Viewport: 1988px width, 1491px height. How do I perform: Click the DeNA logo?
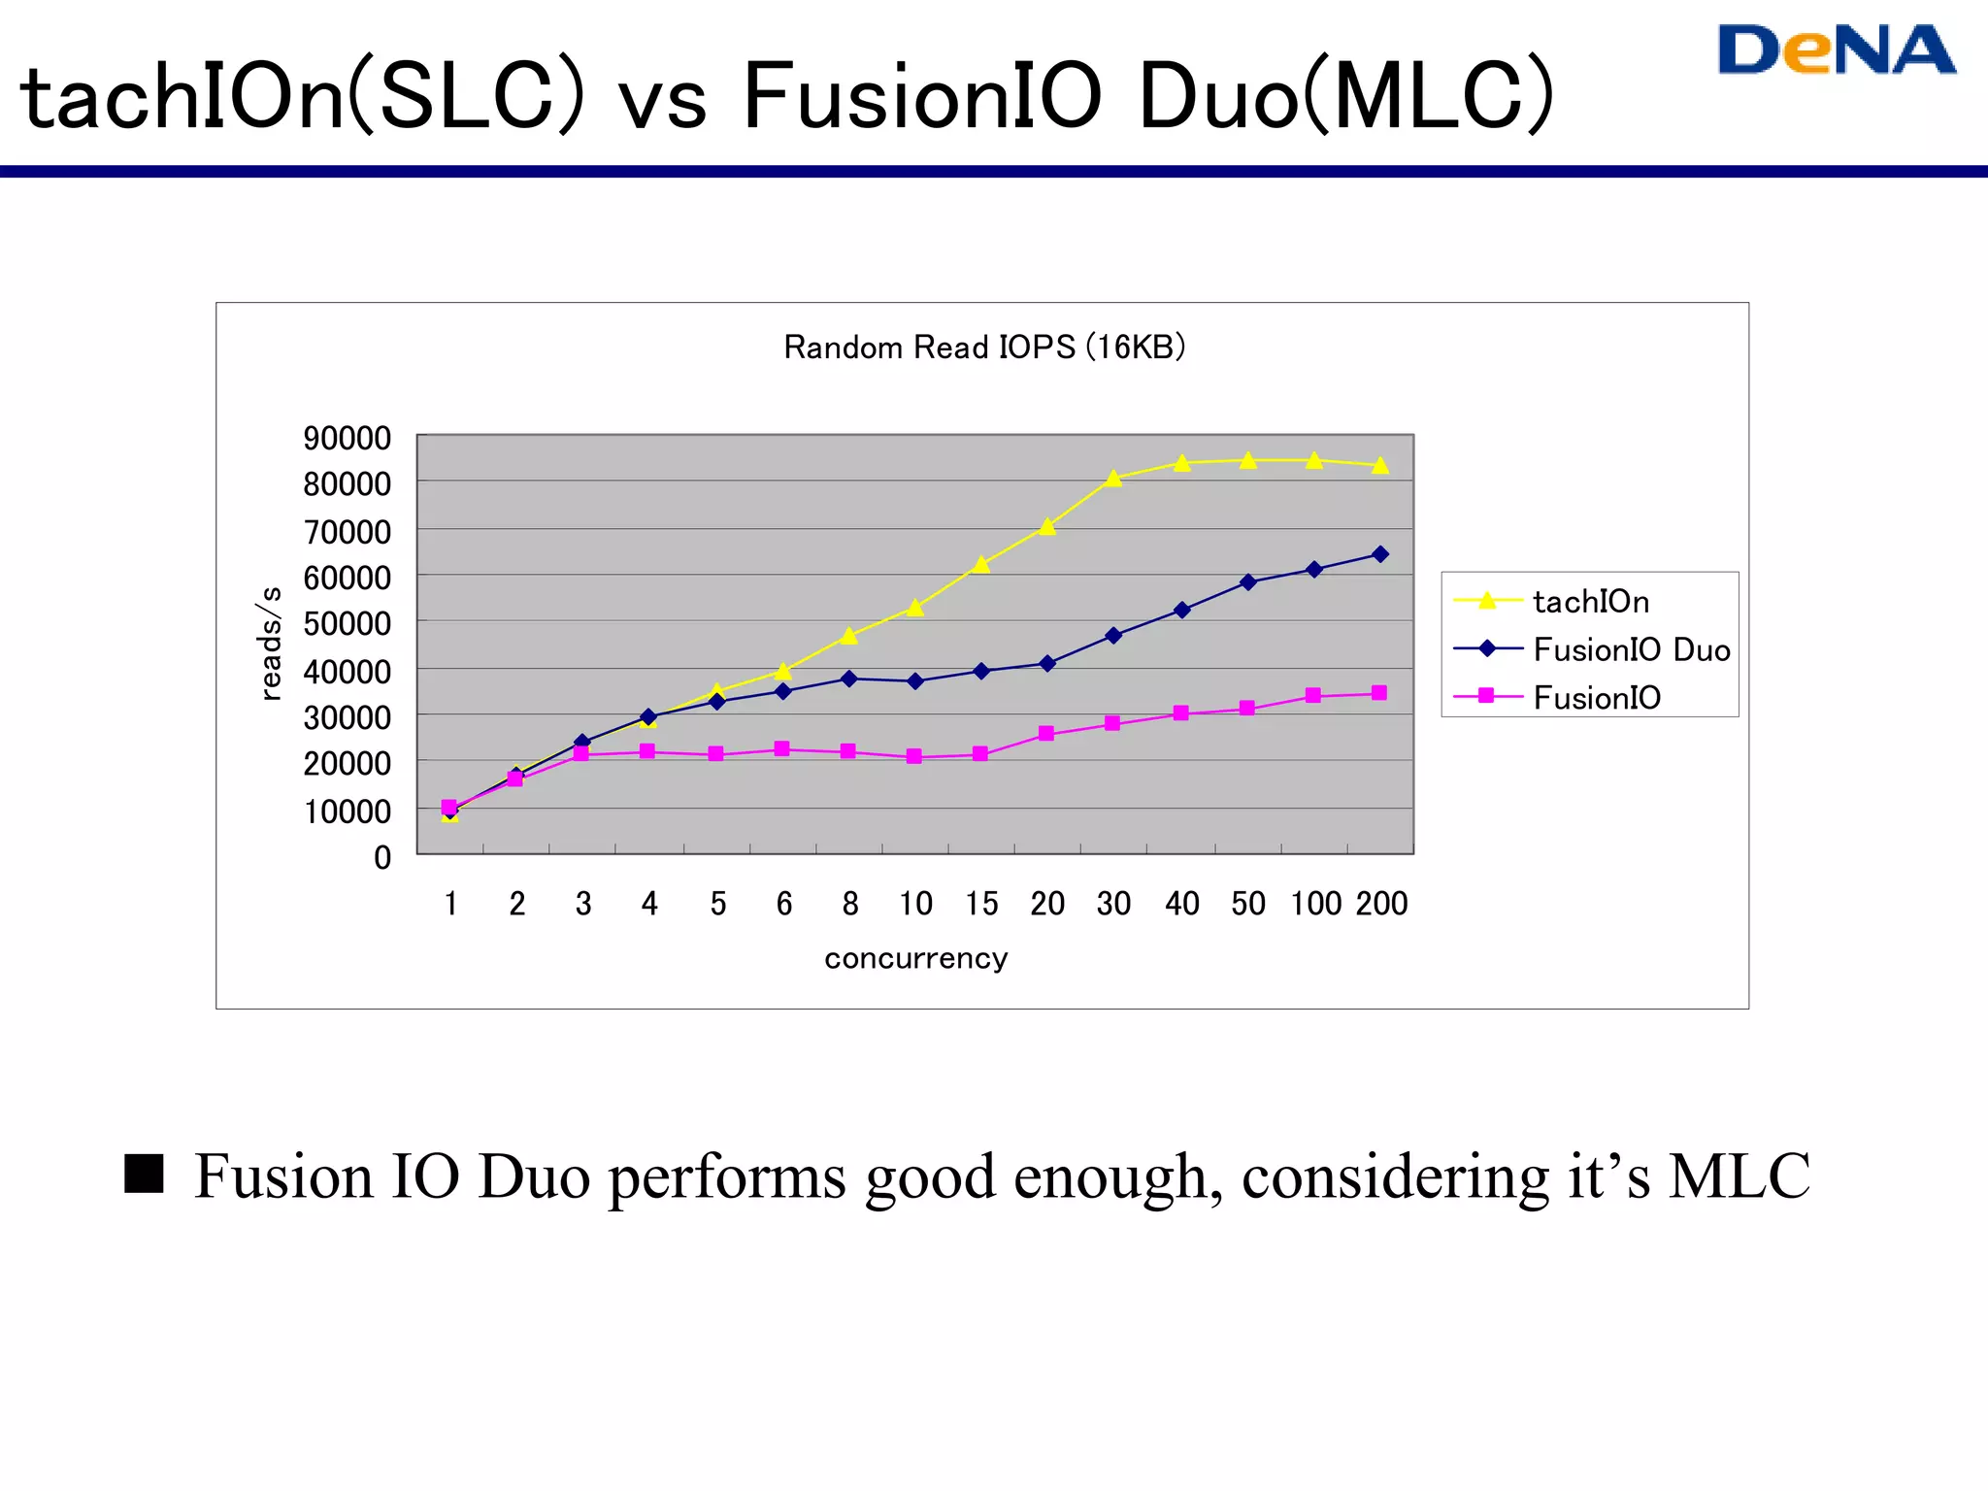(1836, 50)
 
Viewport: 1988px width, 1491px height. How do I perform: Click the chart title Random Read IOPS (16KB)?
(984, 348)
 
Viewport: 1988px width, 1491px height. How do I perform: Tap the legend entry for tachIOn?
(1590, 602)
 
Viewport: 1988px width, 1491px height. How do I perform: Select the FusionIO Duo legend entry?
(1631, 649)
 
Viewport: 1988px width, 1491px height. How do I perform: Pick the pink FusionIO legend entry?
(1596, 697)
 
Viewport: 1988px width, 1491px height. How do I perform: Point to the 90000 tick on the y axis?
(347, 439)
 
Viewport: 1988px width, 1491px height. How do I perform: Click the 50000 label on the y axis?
(347, 624)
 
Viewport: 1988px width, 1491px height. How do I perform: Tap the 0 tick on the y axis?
(382, 858)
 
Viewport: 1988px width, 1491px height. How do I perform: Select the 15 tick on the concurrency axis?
(981, 905)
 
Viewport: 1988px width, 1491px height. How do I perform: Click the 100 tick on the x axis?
(1315, 905)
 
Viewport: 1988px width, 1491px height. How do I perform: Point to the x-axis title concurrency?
(916, 959)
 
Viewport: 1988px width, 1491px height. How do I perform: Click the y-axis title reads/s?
(271, 644)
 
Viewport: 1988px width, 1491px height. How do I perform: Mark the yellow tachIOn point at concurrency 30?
(1113, 479)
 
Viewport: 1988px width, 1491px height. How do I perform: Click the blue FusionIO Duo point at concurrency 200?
(1380, 554)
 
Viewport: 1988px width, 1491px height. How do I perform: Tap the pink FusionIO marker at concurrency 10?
(914, 756)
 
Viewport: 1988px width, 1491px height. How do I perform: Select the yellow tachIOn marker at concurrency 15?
(981, 565)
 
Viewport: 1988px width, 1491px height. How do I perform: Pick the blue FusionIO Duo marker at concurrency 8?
(849, 679)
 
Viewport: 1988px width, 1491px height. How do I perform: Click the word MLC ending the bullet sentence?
(1738, 1176)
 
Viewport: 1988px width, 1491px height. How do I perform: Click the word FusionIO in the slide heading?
(922, 97)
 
